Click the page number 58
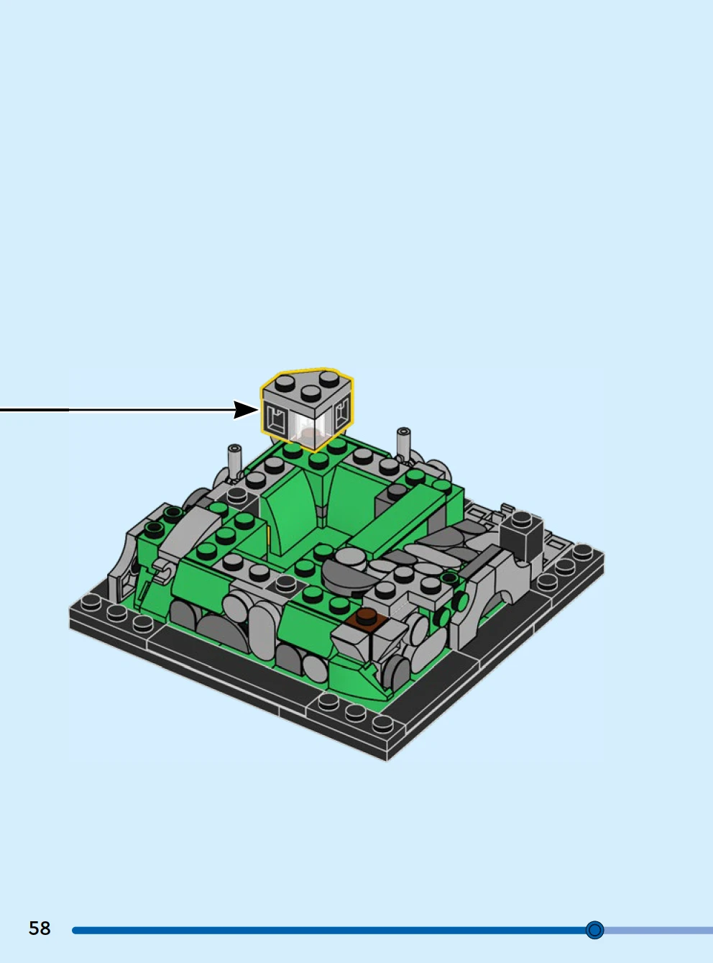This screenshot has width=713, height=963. click(40, 928)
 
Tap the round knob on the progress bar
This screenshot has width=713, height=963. click(594, 930)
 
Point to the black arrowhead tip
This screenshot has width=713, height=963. click(259, 409)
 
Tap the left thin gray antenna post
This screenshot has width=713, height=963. click(234, 462)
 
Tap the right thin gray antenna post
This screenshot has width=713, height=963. click(404, 443)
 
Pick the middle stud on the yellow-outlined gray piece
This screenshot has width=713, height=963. click(310, 393)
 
